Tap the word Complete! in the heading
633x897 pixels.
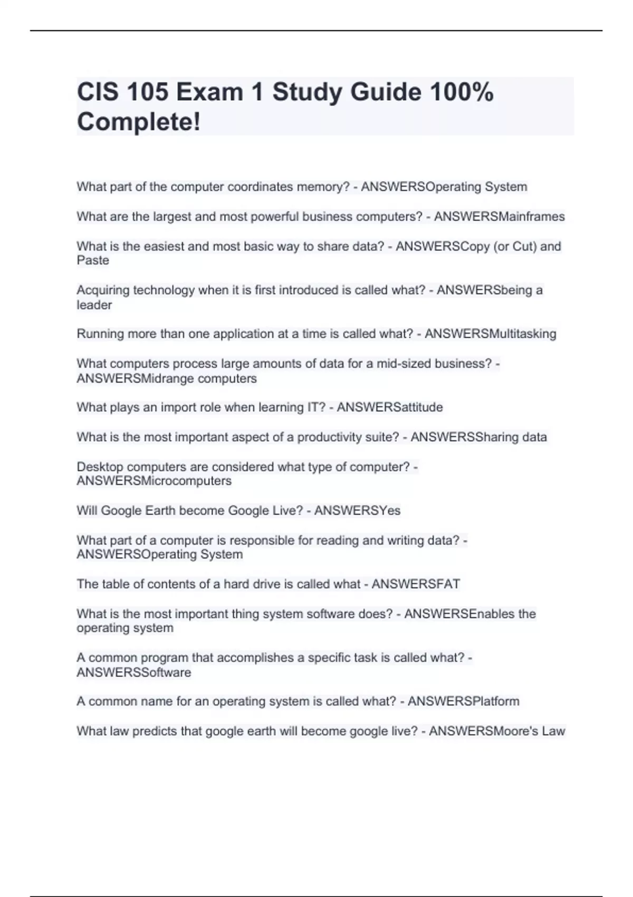coord(139,122)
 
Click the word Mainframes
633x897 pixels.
coord(532,216)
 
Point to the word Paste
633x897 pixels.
coord(93,260)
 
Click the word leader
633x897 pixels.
coord(94,305)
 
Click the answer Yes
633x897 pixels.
coord(387,510)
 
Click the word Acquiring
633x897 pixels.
coord(103,290)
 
